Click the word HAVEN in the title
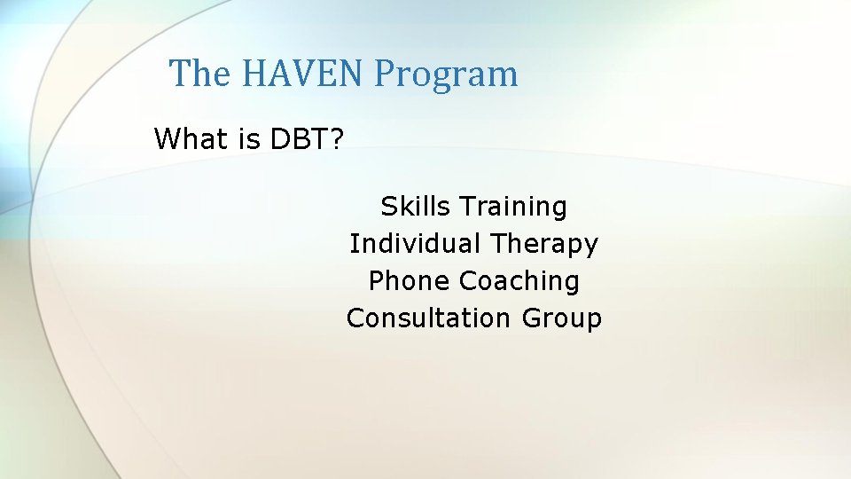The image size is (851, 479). tap(301, 74)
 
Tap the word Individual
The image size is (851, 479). tap(416, 243)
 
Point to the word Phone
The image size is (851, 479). tap(410, 281)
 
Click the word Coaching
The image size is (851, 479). tap(519, 282)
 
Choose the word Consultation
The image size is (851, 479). tap(428, 318)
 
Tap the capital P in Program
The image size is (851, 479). tap(383, 74)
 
